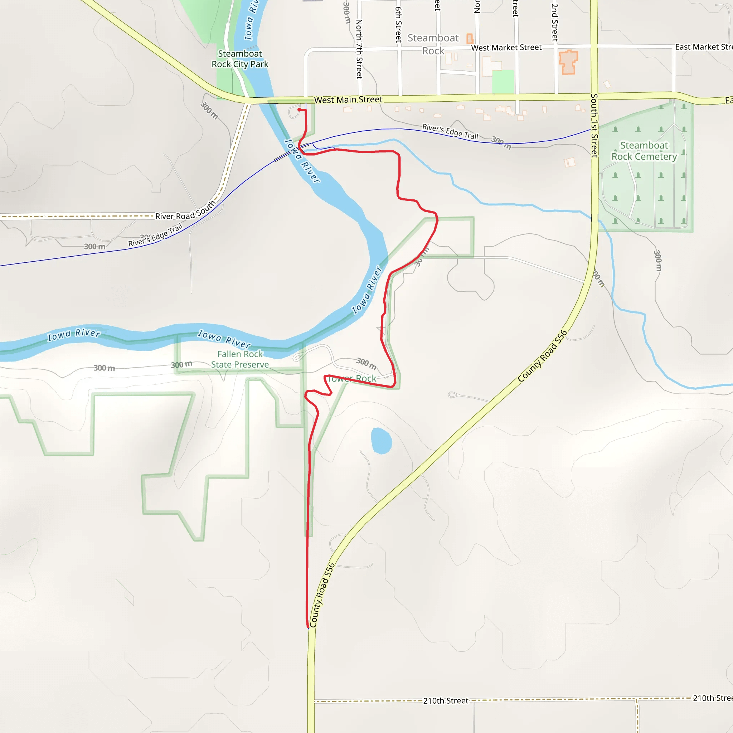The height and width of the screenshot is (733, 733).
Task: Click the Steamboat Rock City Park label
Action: point(240,59)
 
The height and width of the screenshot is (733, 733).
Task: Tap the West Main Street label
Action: point(348,100)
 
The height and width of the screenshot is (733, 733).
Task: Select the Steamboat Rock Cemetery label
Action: point(644,151)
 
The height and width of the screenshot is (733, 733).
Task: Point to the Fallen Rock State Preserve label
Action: point(240,359)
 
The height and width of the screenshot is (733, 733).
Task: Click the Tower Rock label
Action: point(352,379)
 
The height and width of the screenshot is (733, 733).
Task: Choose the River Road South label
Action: point(185,211)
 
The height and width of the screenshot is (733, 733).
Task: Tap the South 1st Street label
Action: point(594,125)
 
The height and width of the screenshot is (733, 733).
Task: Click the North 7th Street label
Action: point(359,49)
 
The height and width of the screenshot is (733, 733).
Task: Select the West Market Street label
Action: point(506,48)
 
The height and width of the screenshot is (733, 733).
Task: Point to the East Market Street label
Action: point(703,47)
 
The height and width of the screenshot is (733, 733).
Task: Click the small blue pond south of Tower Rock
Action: point(381,441)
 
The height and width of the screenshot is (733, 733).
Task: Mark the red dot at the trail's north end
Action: point(299,110)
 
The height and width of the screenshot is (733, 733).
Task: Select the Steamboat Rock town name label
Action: point(433,44)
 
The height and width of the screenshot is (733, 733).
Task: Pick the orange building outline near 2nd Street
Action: point(568,62)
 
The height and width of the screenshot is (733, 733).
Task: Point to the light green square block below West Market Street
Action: point(503,82)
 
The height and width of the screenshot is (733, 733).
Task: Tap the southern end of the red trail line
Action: point(308,628)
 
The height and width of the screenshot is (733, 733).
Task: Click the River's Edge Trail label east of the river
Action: point(450,132)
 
